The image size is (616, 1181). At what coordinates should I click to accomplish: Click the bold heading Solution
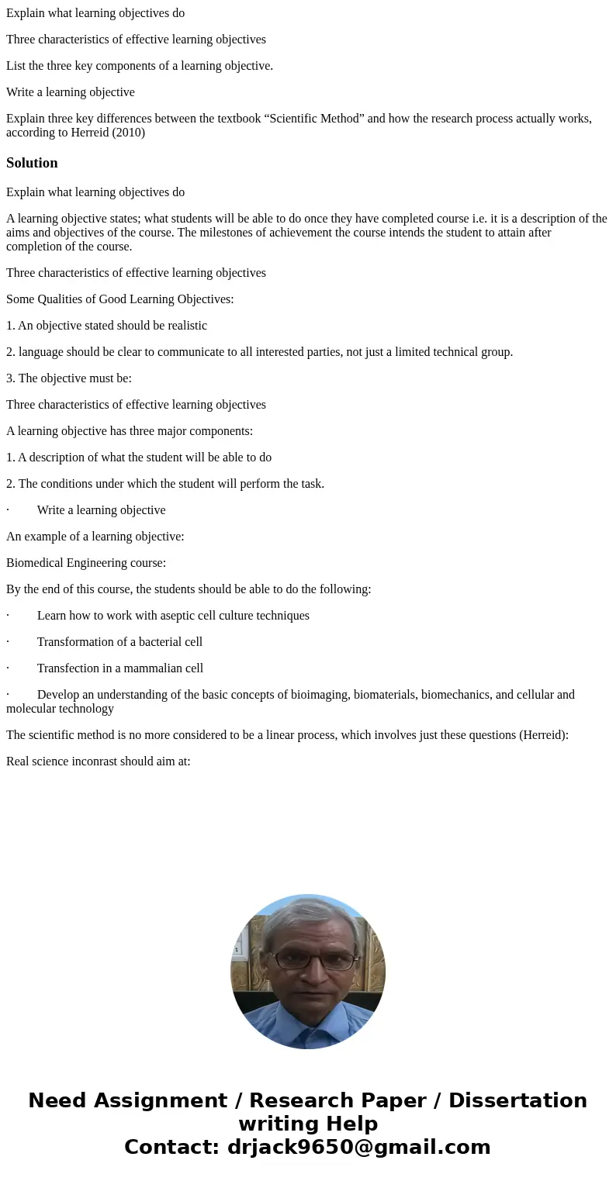[x=32, y=163]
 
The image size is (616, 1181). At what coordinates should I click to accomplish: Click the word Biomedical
[x=35, y=563]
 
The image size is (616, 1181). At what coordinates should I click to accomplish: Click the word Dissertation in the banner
[x=517, y=1101]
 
